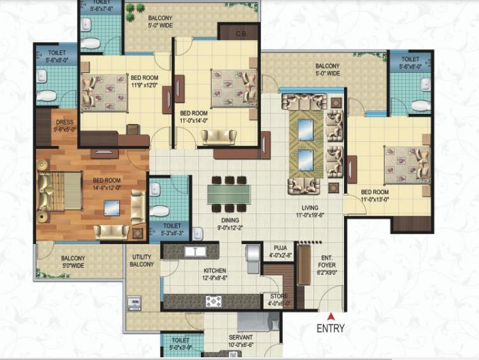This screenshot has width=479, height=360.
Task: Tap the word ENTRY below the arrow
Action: [331, 328]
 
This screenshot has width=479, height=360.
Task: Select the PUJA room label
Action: [279, 249]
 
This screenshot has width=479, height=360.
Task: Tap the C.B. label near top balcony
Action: [241, 33]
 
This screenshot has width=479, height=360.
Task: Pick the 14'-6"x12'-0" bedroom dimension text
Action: [107, 187]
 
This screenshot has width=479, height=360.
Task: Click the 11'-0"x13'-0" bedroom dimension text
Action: [374, 200]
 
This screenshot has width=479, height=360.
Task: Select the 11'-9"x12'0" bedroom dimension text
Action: [144, 85]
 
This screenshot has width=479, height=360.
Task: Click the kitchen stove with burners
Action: [213, 301]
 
